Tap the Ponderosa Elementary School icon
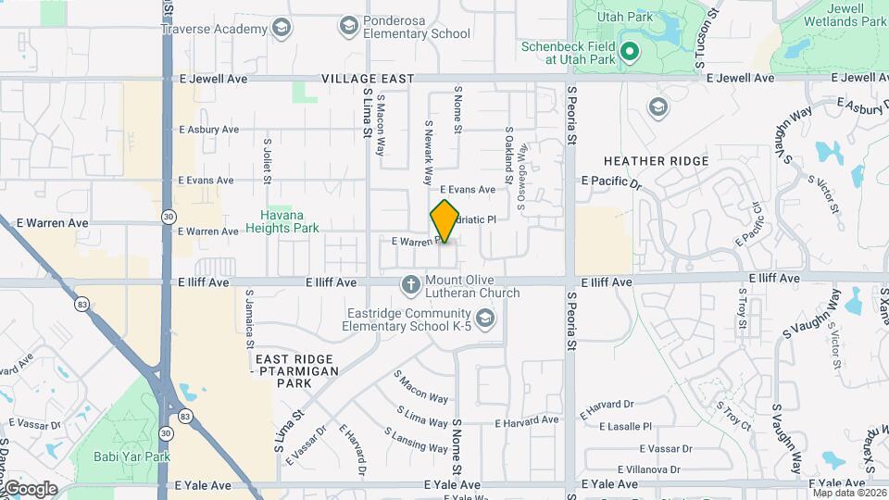[349, 25]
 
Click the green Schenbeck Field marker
[630, 51]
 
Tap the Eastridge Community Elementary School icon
[487, 319]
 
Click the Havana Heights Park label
[288, 221]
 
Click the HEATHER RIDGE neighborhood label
[656, 161]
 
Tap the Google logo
[30, 488]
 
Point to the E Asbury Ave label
[208, 130]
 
